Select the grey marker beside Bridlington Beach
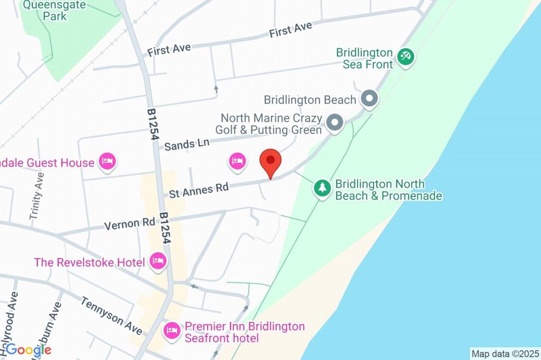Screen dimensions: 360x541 [x=369, y=99]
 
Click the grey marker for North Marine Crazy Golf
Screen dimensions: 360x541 [x=334, y=123]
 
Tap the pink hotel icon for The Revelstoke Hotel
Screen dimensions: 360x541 [x=157, y=260]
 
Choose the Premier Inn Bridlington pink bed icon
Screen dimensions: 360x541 [x=171, y=331]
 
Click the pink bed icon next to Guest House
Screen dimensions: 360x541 [x=107, y=162]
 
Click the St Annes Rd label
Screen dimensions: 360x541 [x=199, y=190]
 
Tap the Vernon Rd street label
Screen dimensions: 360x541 [x=129, y=224]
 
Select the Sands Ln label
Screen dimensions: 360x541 [x=186, y=144]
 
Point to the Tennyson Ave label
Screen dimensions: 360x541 [x=111, y=316]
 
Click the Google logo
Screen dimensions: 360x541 [x=29, y=349]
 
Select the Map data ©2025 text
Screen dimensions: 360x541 [x=505, y=354]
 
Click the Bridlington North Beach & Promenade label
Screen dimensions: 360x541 [x=388, y=190]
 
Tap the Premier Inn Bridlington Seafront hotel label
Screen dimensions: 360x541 [x=245, y=332]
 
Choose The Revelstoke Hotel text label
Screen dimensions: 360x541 [x=89, y=262]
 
